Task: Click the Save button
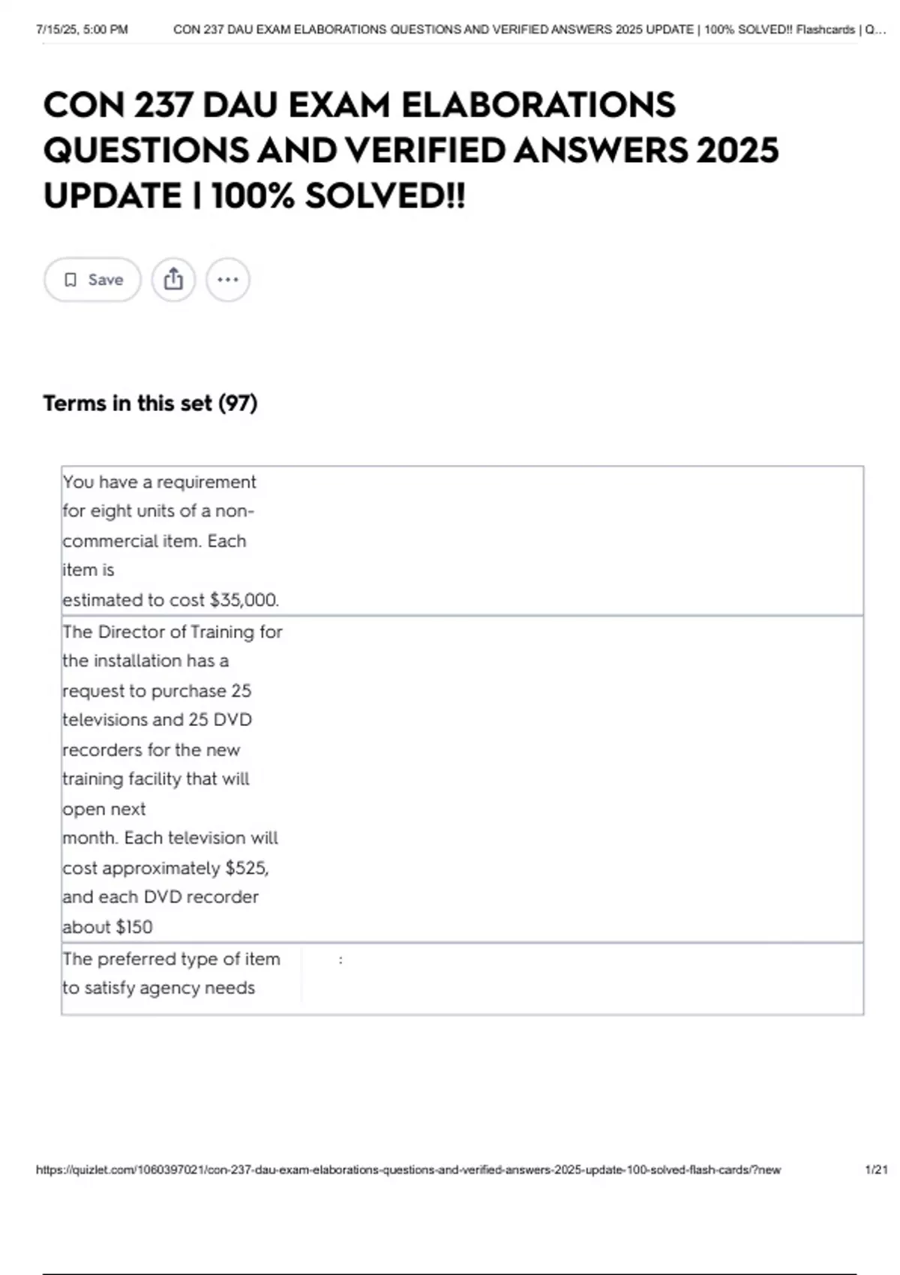[92, 280]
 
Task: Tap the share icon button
[173, 280]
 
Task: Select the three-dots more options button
[227, 280]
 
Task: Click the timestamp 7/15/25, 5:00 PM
[82, 30]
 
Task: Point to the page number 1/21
[876, 1169]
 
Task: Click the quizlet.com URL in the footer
[408, 1169]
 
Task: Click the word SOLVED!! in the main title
[385, 196]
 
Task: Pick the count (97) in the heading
[238, 403]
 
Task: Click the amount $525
[247, 868]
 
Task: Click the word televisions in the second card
[104, 720]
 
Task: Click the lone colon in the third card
[340, 959]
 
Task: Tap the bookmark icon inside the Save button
[70, 280]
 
